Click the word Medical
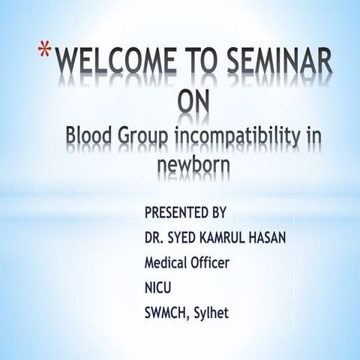click(x=169, y=263)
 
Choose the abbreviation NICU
click(x=158, y=287)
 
